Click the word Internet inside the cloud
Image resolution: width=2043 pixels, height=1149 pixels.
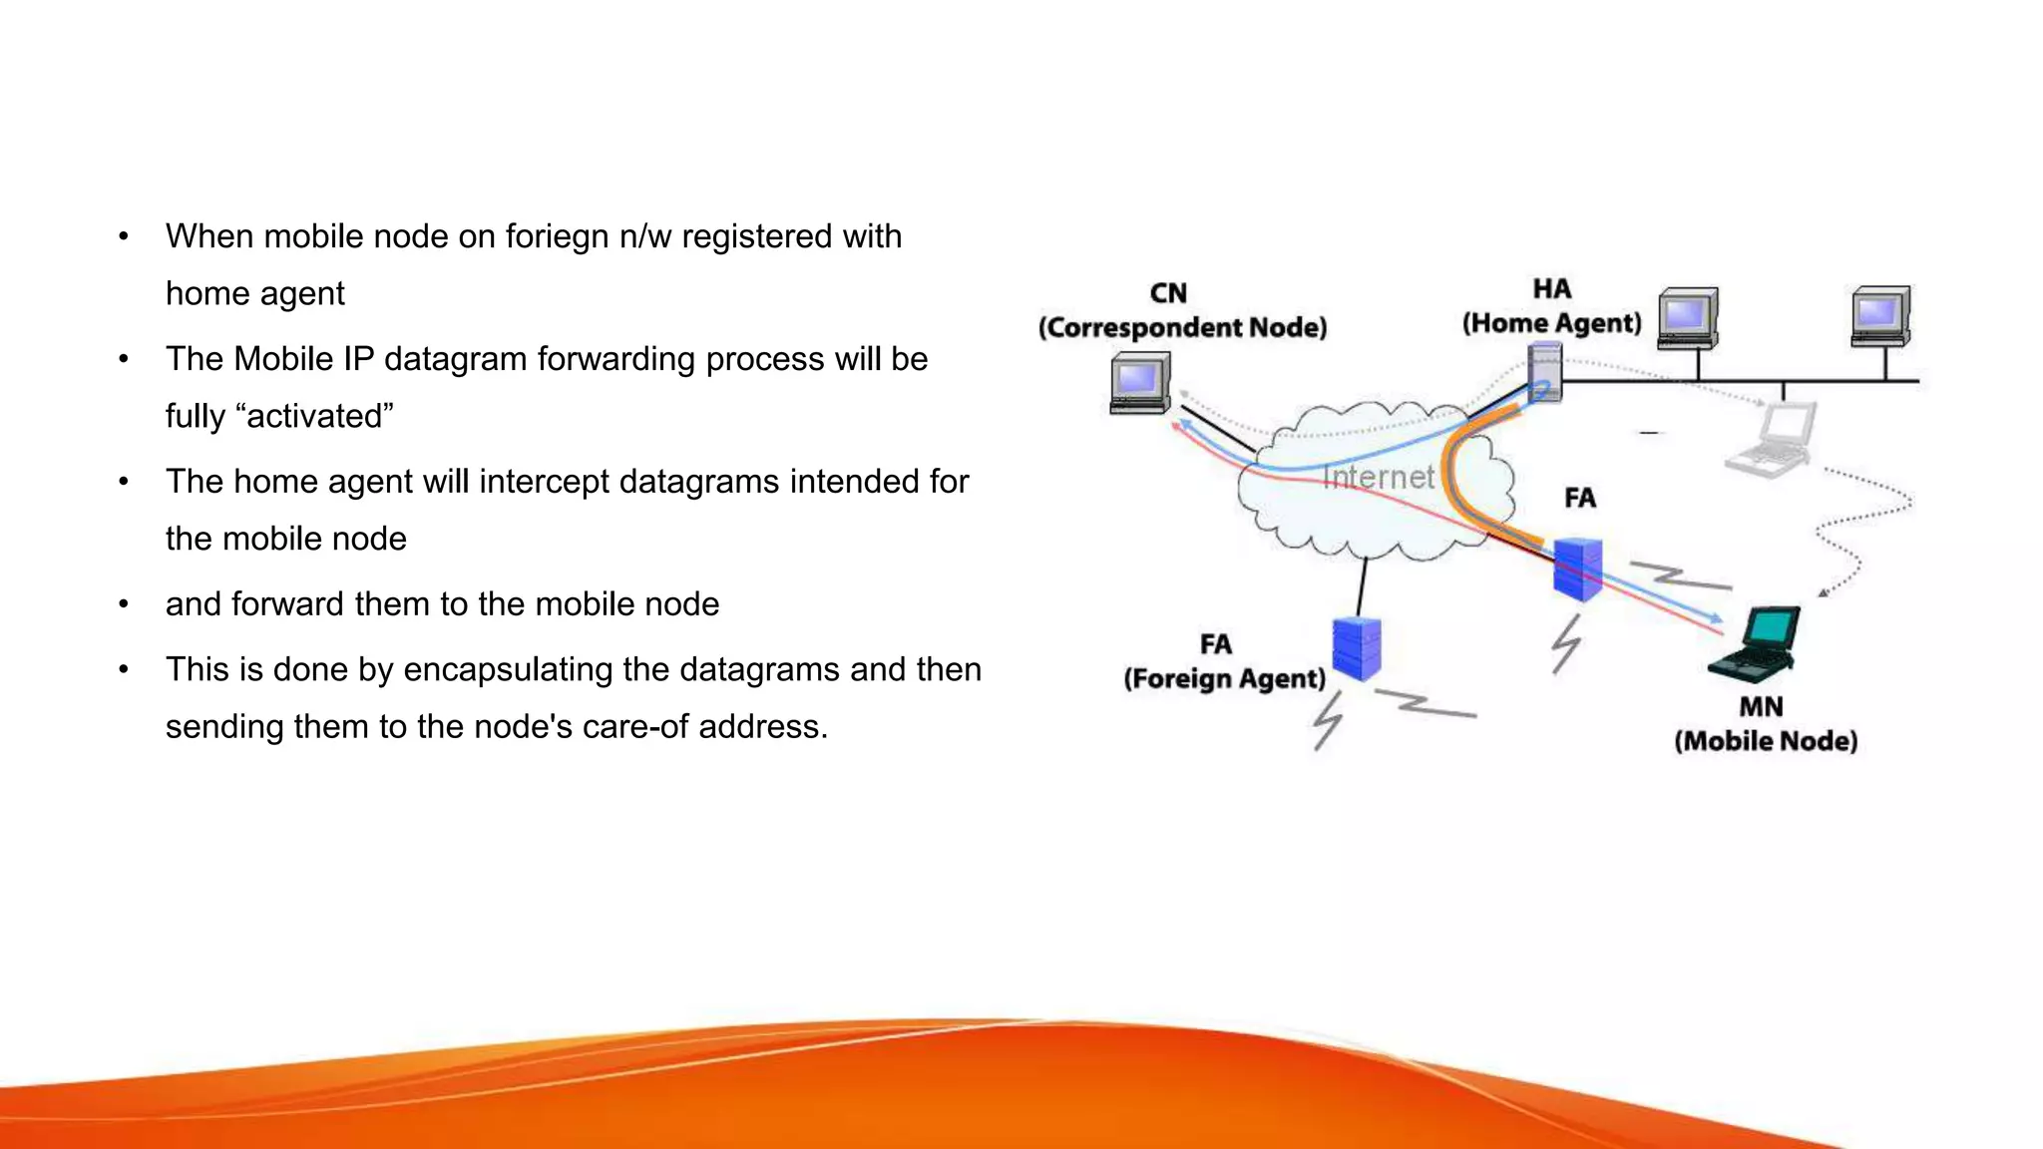pyautogui.click(x=1378, y=478)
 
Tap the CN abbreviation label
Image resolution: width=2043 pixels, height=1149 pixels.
pyautogui.click(x=1168, y=293)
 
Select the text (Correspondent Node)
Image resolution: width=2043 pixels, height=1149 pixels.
pyautogui.click(x=1182, y=328)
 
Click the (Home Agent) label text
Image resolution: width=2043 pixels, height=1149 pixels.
pyautogui.click(x=1551, y=323)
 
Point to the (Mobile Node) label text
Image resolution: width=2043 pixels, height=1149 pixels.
pyautogui.click(x=1765, y=741)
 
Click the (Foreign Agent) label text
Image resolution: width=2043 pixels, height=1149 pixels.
pyautogui.click(x=1224, y=679)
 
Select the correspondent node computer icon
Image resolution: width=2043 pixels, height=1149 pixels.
pyautogui.click(x=1140, y=383)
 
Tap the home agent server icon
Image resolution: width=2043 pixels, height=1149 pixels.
pyautogui.click(x=1544, y=371)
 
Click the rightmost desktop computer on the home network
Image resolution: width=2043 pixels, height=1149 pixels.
pyautogui.click(x=1880, y=316)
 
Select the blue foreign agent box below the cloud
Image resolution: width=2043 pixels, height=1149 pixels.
pyautogui.click(x=1357, y=648)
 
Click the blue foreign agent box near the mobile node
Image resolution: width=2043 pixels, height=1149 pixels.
pyautogui.click(x=1577, y=569)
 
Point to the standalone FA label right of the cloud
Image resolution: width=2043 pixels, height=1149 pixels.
pyautogui.click(x=1579, y=498)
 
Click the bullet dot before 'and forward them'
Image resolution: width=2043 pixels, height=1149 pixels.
pyautogui.click(x=124, y=604)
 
